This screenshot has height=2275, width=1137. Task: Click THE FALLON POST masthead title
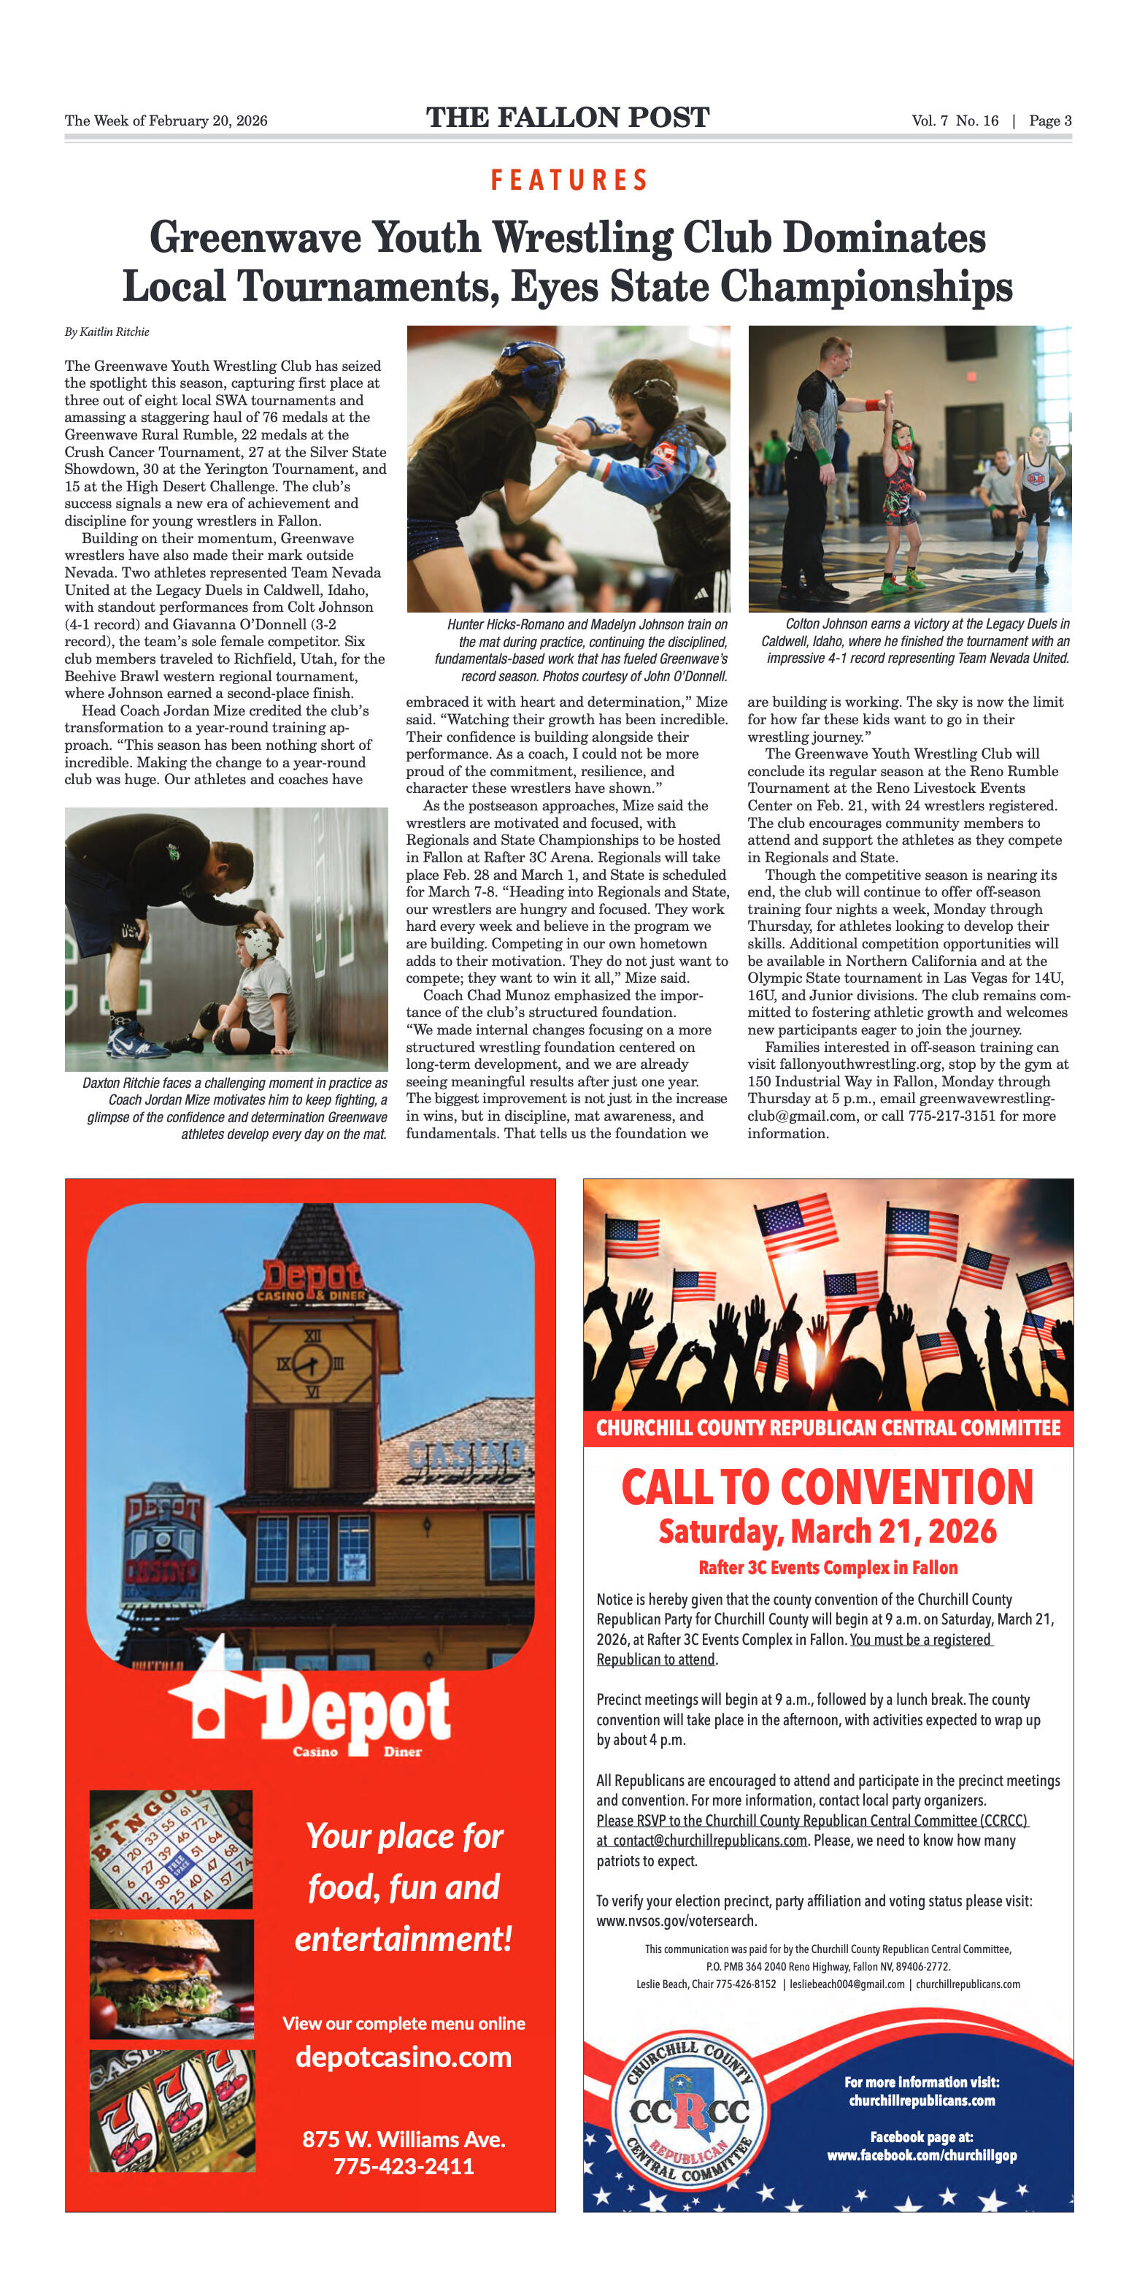(x=568, y=118)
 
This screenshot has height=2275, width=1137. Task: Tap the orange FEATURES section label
(x=568, y=180)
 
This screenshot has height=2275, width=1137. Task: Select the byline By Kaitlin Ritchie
(x=107, y=332)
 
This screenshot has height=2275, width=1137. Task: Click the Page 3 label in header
(x=1049, y=121)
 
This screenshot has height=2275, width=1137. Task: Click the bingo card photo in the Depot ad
(x=170, y=1849)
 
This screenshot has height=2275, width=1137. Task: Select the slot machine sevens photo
(x=172, y=2110)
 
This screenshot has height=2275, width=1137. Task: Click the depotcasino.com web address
(x=404, y=2057)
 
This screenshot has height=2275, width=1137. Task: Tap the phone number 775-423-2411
(x=404, y=2165)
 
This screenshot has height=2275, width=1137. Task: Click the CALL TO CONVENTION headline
(x=827, y=1487)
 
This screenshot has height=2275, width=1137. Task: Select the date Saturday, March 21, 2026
(x=827, y=1531)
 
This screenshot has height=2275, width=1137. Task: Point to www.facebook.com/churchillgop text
(x=922, y=2156)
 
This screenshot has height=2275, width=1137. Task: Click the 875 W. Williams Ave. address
(x=404, y=2139)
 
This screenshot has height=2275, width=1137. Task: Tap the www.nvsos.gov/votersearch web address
(x=677, y=1921)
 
